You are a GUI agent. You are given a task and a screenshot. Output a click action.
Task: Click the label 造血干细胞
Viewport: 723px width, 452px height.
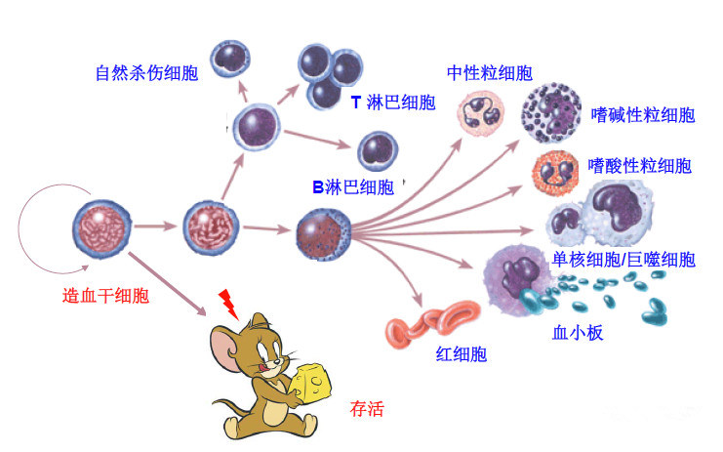point(106,296)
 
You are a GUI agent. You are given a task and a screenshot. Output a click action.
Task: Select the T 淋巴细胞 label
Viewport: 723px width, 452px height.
point(393,103)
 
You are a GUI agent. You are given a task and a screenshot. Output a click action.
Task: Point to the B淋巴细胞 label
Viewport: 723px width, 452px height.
point(352,186)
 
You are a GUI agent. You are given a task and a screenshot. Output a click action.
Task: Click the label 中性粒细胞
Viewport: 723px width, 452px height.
point(490,73)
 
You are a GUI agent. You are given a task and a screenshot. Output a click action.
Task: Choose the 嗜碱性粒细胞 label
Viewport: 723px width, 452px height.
point(643,115)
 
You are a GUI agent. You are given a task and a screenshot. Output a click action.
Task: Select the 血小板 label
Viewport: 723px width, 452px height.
point(578,333)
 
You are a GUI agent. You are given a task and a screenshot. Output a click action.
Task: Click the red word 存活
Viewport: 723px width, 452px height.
point(366,408)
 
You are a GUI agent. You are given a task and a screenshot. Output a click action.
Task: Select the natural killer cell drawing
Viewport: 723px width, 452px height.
point(232,57)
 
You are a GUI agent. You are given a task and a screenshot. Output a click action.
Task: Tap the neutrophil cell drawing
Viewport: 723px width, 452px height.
point(481,111)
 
